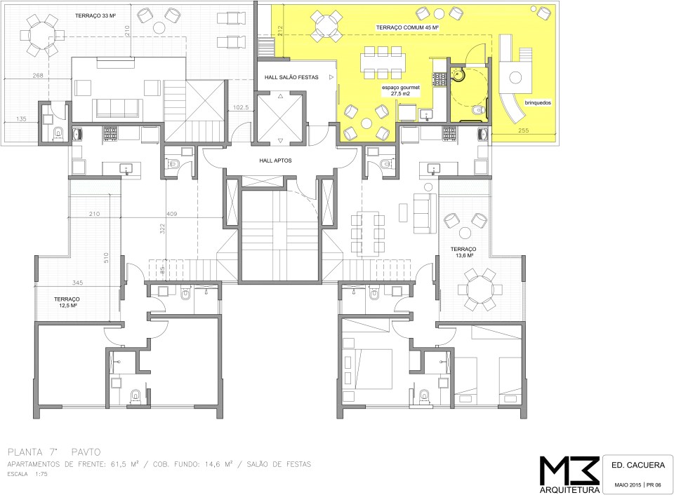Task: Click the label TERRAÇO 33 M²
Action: [96, 16]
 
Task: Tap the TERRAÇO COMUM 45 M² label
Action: [407, 27]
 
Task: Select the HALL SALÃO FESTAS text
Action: [291, 77]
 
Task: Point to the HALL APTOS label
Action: [275, 161]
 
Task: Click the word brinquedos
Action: [538, 103]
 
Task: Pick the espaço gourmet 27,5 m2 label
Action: [401, 90]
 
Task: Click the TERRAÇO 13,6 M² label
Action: [463, 252]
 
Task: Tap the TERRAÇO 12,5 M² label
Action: [67, 302]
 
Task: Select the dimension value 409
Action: [173, 214]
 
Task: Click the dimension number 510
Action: [106, 257]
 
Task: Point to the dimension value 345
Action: [77, 283]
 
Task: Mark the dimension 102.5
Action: [241, 108]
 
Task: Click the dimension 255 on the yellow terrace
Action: [523, 130]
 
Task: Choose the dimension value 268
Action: [38, 76]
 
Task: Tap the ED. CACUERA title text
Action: [638, 465]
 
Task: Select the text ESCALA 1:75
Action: [27, 475]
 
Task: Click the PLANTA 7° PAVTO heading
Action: [54, 452]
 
